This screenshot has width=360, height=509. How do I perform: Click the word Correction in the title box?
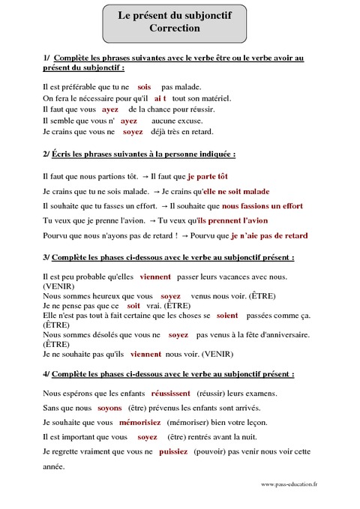tap(175, 28)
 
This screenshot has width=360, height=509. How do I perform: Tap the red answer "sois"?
tap(145, 87)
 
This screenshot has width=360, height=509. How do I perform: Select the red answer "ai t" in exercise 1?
tap(160, 98)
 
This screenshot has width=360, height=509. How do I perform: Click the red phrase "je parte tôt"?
tap(207, 177)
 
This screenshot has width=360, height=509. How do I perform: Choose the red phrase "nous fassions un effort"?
tap(262, 205)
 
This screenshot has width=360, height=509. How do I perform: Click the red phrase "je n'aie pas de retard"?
tap(269, 235)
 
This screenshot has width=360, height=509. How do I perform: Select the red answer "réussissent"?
tap(171, 393)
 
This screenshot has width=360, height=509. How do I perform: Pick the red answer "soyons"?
tap(109, 408)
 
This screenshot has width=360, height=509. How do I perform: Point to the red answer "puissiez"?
tap(173, 452)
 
